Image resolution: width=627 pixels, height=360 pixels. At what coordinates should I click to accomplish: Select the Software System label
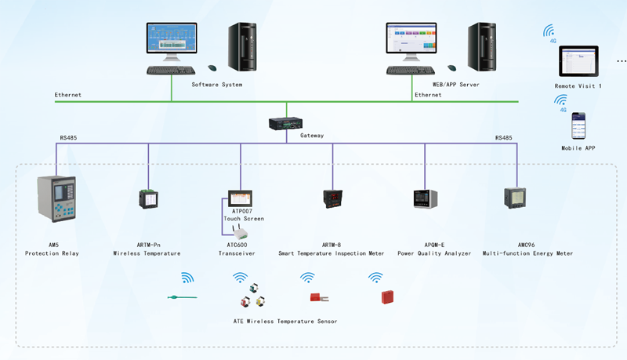tap(217, 85)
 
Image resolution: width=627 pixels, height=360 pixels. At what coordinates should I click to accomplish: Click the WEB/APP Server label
tap(455, 85)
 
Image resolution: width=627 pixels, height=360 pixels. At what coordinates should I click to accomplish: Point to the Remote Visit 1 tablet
tap(578, 60)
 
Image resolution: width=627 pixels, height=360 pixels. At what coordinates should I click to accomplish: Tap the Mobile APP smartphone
tap(578, 126)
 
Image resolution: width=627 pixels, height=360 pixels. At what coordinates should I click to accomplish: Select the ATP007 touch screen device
tap(239, 198)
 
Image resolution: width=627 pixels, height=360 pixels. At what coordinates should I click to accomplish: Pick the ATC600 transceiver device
tap(241, 231)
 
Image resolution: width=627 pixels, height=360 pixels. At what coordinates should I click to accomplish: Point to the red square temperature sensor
tap(386, 296)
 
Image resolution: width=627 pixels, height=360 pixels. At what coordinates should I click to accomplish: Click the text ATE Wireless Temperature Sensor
tap(285, 322)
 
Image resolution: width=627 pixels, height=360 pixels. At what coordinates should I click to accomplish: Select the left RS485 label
tap(68, 138)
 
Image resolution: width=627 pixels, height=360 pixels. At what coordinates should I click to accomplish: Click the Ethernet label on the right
tap(428, 95)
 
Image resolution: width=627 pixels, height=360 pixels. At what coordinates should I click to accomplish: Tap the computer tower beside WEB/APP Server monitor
tap(480, 47)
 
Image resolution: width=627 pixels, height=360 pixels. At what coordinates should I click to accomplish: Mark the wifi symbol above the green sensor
tap(187, 277)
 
